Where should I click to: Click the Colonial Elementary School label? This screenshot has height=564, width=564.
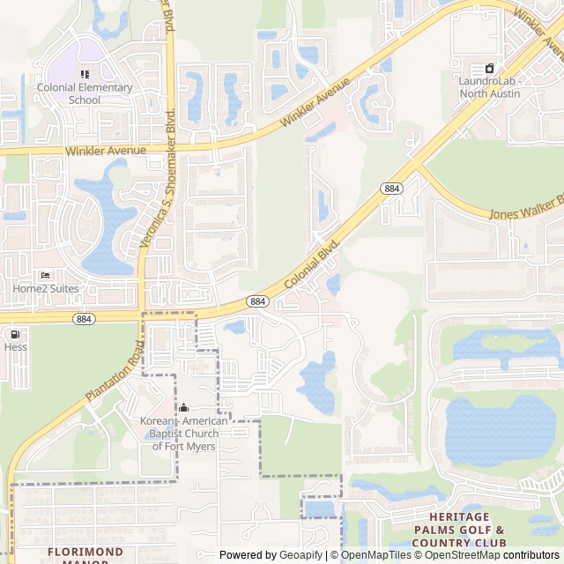[85, 93]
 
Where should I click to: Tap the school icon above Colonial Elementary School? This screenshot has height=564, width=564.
[85, 74]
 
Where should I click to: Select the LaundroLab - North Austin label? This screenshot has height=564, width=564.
[490, 87]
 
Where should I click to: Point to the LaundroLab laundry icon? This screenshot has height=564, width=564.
[490, 68]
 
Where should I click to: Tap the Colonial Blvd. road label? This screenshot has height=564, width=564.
[313, 264]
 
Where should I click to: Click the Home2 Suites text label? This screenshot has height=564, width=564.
[45, 288]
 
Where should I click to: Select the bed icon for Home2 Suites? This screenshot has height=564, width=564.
[45, 275]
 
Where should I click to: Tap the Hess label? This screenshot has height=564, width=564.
[15, 347]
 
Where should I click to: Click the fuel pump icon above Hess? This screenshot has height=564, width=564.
[15, 334]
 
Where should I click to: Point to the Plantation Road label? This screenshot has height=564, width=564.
[114, 371]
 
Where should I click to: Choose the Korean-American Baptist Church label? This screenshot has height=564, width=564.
[183, 434]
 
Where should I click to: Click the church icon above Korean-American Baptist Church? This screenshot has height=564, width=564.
[184, 408]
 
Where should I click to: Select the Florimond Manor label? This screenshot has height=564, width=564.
[85, 555]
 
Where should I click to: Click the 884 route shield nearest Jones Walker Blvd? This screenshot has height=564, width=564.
[392, 189]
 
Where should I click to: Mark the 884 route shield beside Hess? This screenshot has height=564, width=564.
[83, 318]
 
